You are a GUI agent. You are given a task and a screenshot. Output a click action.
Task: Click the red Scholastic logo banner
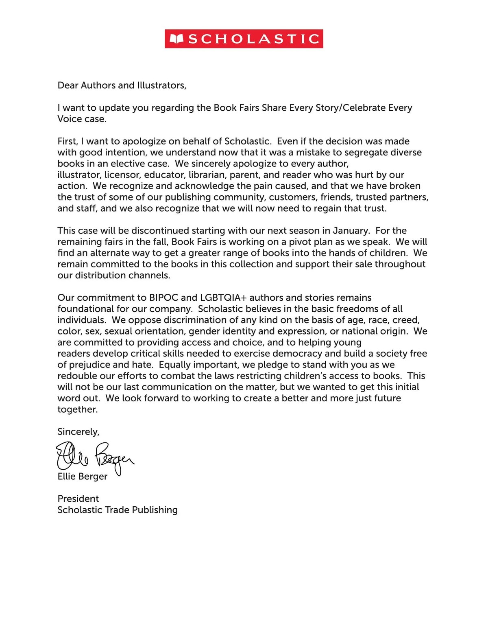pyautogui.click(x=244, y=39)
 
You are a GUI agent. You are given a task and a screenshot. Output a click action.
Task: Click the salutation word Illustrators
pyautogui.click(x=161, y=85)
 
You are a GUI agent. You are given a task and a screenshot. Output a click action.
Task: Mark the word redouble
pyautogui.click(x=77, y=376)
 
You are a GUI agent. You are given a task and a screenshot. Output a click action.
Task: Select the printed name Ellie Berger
pyautogui.click(x=83, y=477)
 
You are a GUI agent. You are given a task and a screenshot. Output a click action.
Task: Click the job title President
pyautogui.click(x=78, y=499)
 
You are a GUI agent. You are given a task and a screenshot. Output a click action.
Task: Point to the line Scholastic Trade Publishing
pyautogui.click(x=118, y=510)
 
